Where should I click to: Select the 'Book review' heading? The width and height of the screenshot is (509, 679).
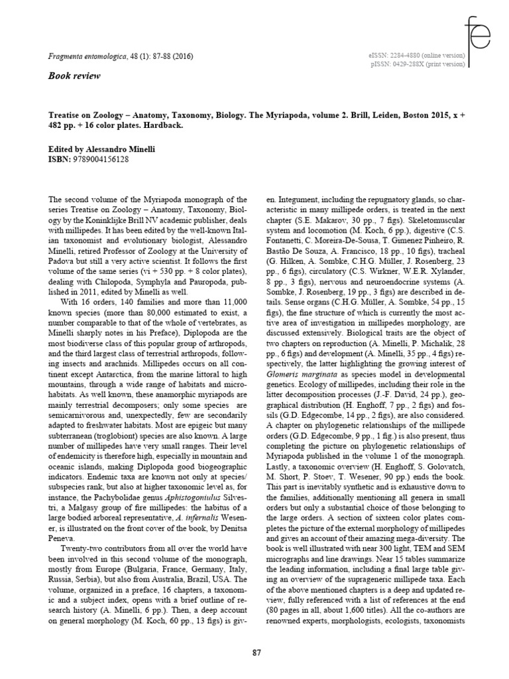point(74,76)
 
